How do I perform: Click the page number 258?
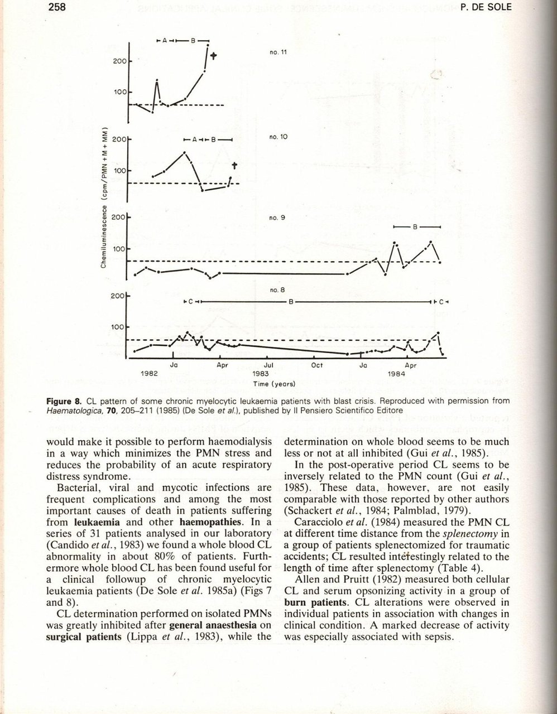tap(57, 6)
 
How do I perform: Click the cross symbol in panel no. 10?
tap(234, 166)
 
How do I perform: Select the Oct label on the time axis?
tap(316, 366)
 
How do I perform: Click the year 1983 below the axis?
tap(261, 374)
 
